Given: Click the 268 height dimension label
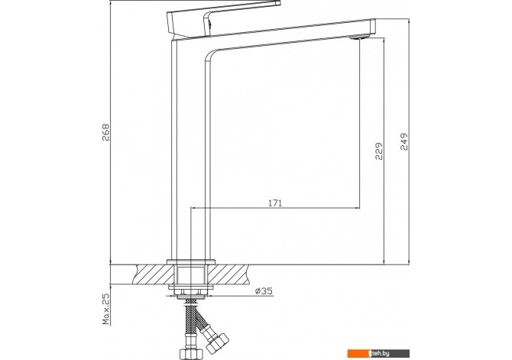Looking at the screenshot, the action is tap(106, 132).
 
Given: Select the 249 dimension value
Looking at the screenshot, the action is tap(404, 141).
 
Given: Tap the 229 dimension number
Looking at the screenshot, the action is tap(379, 151).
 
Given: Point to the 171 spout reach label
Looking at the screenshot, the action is tap(275, 203).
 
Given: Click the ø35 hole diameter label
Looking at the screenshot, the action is tap(264, 291).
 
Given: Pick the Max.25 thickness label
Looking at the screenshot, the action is tap(106, 308).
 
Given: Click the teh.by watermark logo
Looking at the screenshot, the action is tap(378, 353).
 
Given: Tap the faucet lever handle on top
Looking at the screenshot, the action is tap(223, 18).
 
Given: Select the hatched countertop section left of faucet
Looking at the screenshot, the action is tap(154, 274).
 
